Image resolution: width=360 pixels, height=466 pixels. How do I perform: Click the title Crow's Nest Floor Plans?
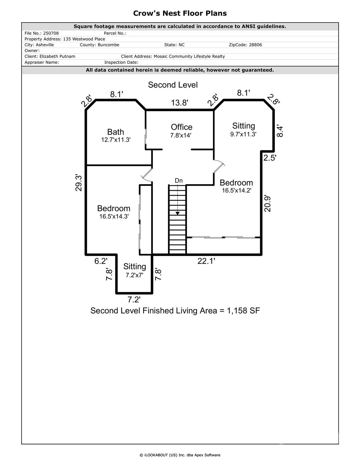point(180,13)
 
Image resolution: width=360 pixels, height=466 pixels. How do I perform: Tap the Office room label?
point(181,127)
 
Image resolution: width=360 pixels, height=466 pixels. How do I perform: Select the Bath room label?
point(116,132)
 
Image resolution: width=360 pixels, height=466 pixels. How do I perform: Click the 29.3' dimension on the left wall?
point(79,183)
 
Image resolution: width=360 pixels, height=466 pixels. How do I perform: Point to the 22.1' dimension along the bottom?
point(206,261)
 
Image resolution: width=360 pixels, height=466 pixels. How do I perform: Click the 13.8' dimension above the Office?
point(180,103)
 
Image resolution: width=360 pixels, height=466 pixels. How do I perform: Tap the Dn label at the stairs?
point(179,181)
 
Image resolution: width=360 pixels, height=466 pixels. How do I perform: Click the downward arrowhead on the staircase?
point(177,213)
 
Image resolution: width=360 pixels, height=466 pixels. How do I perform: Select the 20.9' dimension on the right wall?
point(267,203)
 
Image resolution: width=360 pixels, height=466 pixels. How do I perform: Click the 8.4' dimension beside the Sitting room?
point(280,131)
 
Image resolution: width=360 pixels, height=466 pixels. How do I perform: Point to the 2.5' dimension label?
point(270,158)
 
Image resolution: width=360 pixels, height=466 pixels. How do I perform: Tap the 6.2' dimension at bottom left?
point(101,261)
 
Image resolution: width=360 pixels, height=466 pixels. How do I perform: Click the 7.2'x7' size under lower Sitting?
point(134,275)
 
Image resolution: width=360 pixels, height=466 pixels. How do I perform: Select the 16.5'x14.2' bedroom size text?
point(236,191)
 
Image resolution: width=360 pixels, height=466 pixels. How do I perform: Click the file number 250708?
point(51,33)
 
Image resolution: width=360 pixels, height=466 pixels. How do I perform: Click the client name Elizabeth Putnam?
point(57,56)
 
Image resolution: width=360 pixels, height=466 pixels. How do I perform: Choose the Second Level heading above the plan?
point(173,85)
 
